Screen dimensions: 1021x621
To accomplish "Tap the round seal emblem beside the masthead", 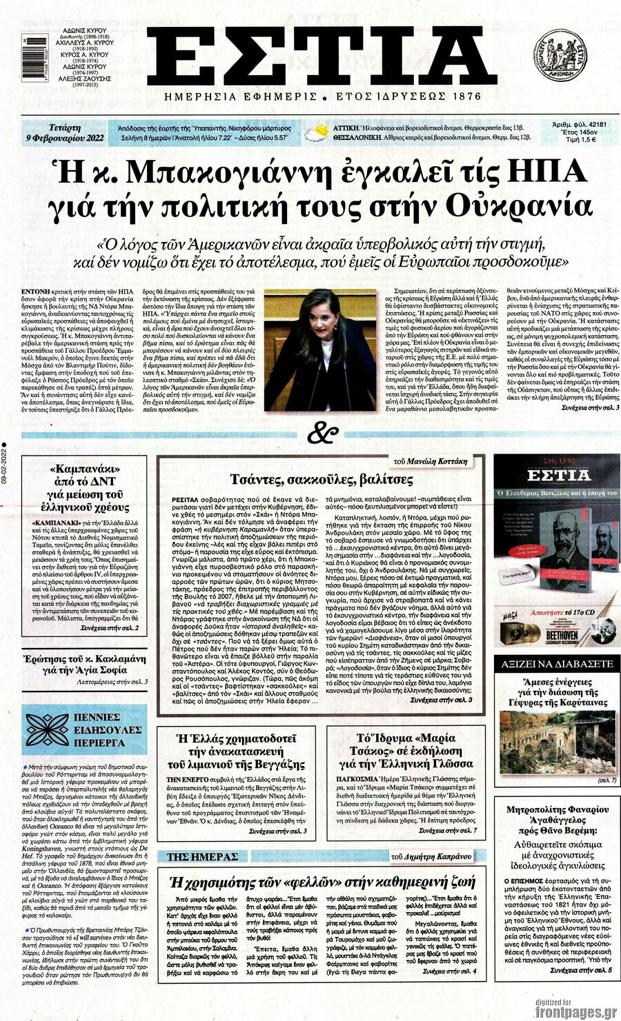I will (560, 55).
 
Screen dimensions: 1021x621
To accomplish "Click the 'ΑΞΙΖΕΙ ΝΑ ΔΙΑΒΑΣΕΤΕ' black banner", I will (556, 663).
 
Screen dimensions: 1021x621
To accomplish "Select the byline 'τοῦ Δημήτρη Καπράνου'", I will (431, 857).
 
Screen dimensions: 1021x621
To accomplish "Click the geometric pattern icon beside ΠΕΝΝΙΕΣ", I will (48, 731).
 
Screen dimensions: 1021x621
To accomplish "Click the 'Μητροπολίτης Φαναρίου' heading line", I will (558, 809).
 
